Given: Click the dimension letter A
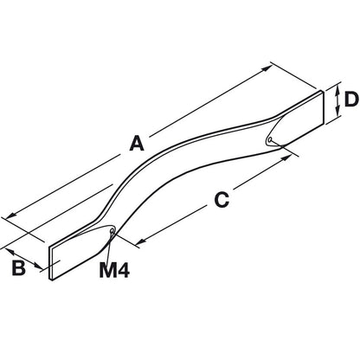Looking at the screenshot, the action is coord(137,144).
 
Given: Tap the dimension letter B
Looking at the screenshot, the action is coord(19,268).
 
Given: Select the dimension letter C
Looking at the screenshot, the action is coord(222,200).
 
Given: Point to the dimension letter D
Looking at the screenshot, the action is coord(351,100).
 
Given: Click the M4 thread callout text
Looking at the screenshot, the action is coord(114,270).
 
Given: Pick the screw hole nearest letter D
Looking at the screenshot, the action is coord(270,140).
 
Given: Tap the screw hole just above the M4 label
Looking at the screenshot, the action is coord(112,231).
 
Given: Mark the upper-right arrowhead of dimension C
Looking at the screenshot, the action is coord(286,158).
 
